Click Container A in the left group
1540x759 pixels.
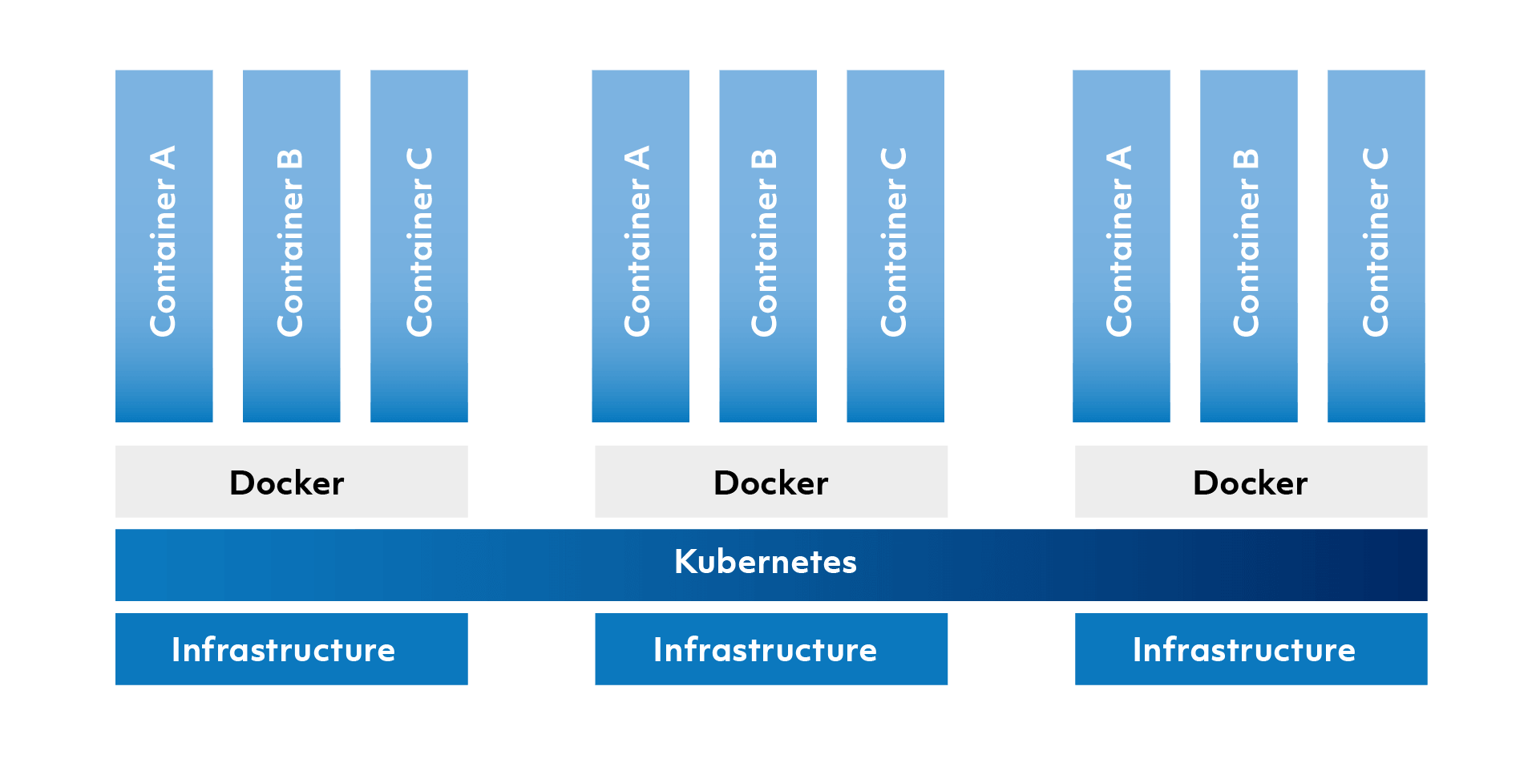(164, 245)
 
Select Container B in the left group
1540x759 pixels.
(292, 245)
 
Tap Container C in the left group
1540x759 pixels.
(419, 245)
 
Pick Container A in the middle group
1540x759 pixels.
(641, 245)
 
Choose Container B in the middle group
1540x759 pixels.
(768, 245)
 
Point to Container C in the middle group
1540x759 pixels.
(895, 245)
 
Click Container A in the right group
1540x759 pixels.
(1122, 245)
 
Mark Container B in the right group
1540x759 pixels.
(1249, 245)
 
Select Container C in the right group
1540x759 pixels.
(1376, 245)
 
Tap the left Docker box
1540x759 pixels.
(292, 482)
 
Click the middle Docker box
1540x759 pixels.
(771, 482)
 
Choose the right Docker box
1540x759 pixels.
(1251, 482)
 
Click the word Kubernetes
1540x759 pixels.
(766, 562)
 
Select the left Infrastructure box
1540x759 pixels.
(292, 649)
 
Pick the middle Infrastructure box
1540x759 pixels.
(771, 649)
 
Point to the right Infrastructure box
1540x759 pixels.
(1251, 649)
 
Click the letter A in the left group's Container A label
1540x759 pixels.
(163, 158)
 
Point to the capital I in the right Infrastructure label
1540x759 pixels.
(1138, 649)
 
